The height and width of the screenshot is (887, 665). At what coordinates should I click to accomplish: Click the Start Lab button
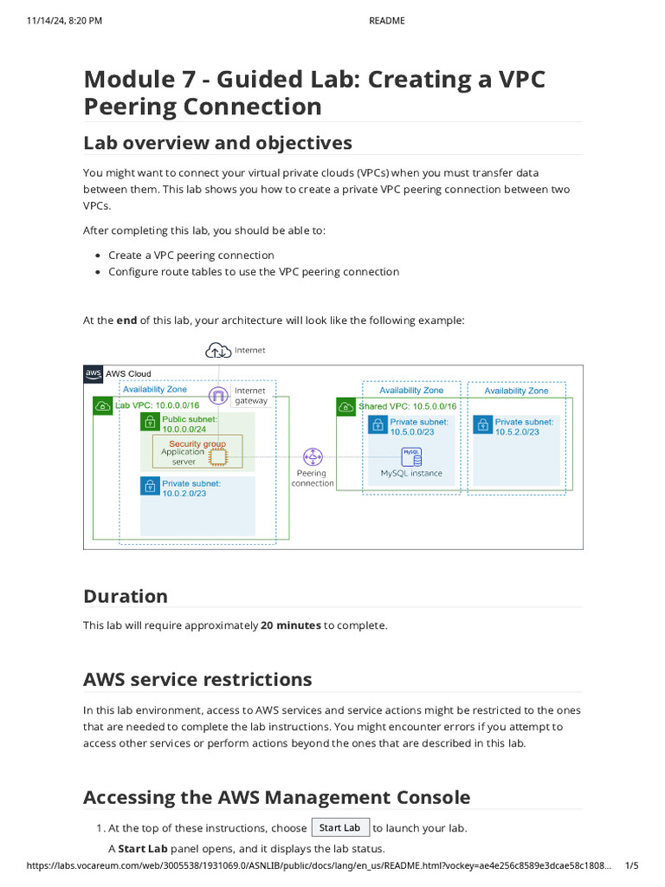click(x=340, y=827)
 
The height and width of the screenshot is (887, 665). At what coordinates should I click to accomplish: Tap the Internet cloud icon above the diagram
click(x=216, y=350)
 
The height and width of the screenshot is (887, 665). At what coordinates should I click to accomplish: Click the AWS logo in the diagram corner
click(x=93, y=373)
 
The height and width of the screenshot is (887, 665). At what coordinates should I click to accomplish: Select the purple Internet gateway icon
click(x=219, y=396)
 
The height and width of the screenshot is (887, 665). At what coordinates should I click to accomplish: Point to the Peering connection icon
click(x=312, y=456)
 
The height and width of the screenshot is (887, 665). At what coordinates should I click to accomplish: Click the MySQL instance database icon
click(x=411, y=456)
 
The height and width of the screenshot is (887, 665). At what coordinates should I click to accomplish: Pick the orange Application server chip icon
click(x=219, y=456)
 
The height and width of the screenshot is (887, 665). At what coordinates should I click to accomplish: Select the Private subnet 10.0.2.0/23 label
click(x=191, y=489)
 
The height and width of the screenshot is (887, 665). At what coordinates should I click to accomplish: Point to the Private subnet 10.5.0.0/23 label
click(x=419, y=426)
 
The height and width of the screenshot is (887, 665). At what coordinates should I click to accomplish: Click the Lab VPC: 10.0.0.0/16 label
click(x=157, y=405)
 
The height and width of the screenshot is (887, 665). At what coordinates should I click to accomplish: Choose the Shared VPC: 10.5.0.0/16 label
click(x=407, y=405)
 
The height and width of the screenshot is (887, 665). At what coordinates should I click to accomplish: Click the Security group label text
click(x=197, y=443)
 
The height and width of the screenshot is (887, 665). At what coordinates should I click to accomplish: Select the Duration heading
click(x=126, y=596)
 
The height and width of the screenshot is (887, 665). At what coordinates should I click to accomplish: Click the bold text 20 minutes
click(x=290, y=625)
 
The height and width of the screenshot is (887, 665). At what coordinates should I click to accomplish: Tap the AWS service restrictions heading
click(x=197, y=679)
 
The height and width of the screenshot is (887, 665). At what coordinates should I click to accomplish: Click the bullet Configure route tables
click(x=254, y=272)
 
